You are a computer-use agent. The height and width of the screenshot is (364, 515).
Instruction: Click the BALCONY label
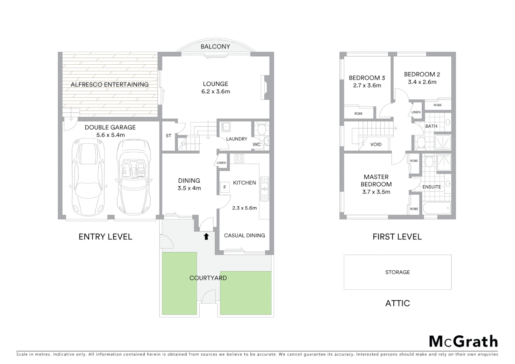[x=215, y=47]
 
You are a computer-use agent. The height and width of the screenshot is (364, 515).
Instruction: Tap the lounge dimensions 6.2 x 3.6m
[x=215, y=91]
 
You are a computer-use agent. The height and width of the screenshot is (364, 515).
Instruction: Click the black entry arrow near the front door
[x=206, y=237]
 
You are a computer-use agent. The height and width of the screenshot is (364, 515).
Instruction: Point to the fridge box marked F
[x=224, y=187]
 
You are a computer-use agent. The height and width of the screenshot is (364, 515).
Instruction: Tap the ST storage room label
[x=169, y=135]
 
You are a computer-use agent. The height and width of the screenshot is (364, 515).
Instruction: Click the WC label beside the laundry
[x=256, y=144]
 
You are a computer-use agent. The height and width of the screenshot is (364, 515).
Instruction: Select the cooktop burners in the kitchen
[x=239, y=158]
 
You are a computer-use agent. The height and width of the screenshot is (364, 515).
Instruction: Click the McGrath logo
[x=463, y=341]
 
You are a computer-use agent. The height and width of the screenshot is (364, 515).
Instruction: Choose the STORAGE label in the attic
[x=397, y=272]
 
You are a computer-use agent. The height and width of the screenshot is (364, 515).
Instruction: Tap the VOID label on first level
[x=376, y=144]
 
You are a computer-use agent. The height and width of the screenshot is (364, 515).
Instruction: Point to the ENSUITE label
[x=431, y=187]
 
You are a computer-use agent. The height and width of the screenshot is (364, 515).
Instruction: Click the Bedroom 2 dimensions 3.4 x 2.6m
[x=422, y=82]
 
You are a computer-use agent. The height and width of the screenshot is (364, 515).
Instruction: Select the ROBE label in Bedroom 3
[x=358, y=114]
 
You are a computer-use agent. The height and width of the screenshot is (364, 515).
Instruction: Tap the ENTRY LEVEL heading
[x=105, y=237]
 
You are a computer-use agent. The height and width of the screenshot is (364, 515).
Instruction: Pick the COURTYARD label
[x=208, y=278]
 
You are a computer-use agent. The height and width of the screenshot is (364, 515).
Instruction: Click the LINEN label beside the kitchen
[x=221, y=163]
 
